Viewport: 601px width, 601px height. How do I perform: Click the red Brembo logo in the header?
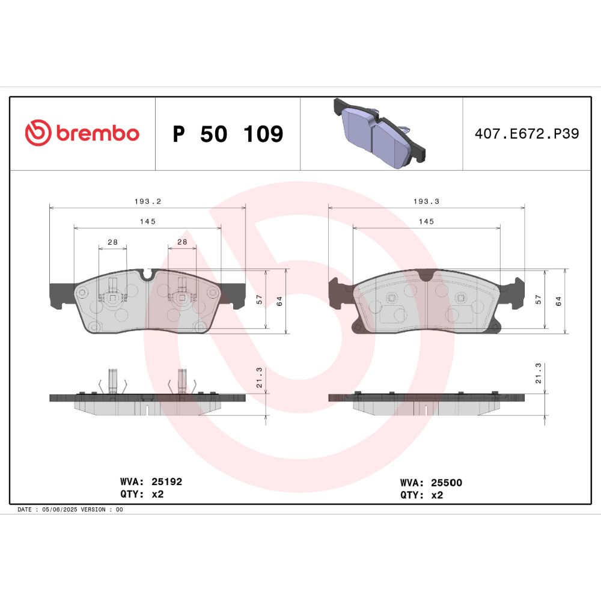pyautogui.click(x=82, y=133)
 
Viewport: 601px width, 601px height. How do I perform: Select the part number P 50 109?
pyautogui.click(x=228, y=134)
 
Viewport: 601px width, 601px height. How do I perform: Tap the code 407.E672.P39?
pyautogui.click(x=526, y=133)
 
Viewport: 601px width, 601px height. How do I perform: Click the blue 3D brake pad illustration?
pyautogui.click(x=380, y=133)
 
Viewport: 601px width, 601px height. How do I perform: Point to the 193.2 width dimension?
pyautogui.click(x=148, y=201)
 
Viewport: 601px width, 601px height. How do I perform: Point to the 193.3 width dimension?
pyautogui.click(x=426, y=201)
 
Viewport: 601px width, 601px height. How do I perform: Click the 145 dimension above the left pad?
pyautogui.click(x=148, y=222)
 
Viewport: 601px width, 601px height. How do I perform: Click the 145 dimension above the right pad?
pyautogui.click(x=426, y=222)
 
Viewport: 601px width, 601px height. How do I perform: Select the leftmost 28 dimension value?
pyautogui.click(x=113, y=242)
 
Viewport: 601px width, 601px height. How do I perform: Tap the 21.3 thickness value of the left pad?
pyautogui.click(x=259, y=377)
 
